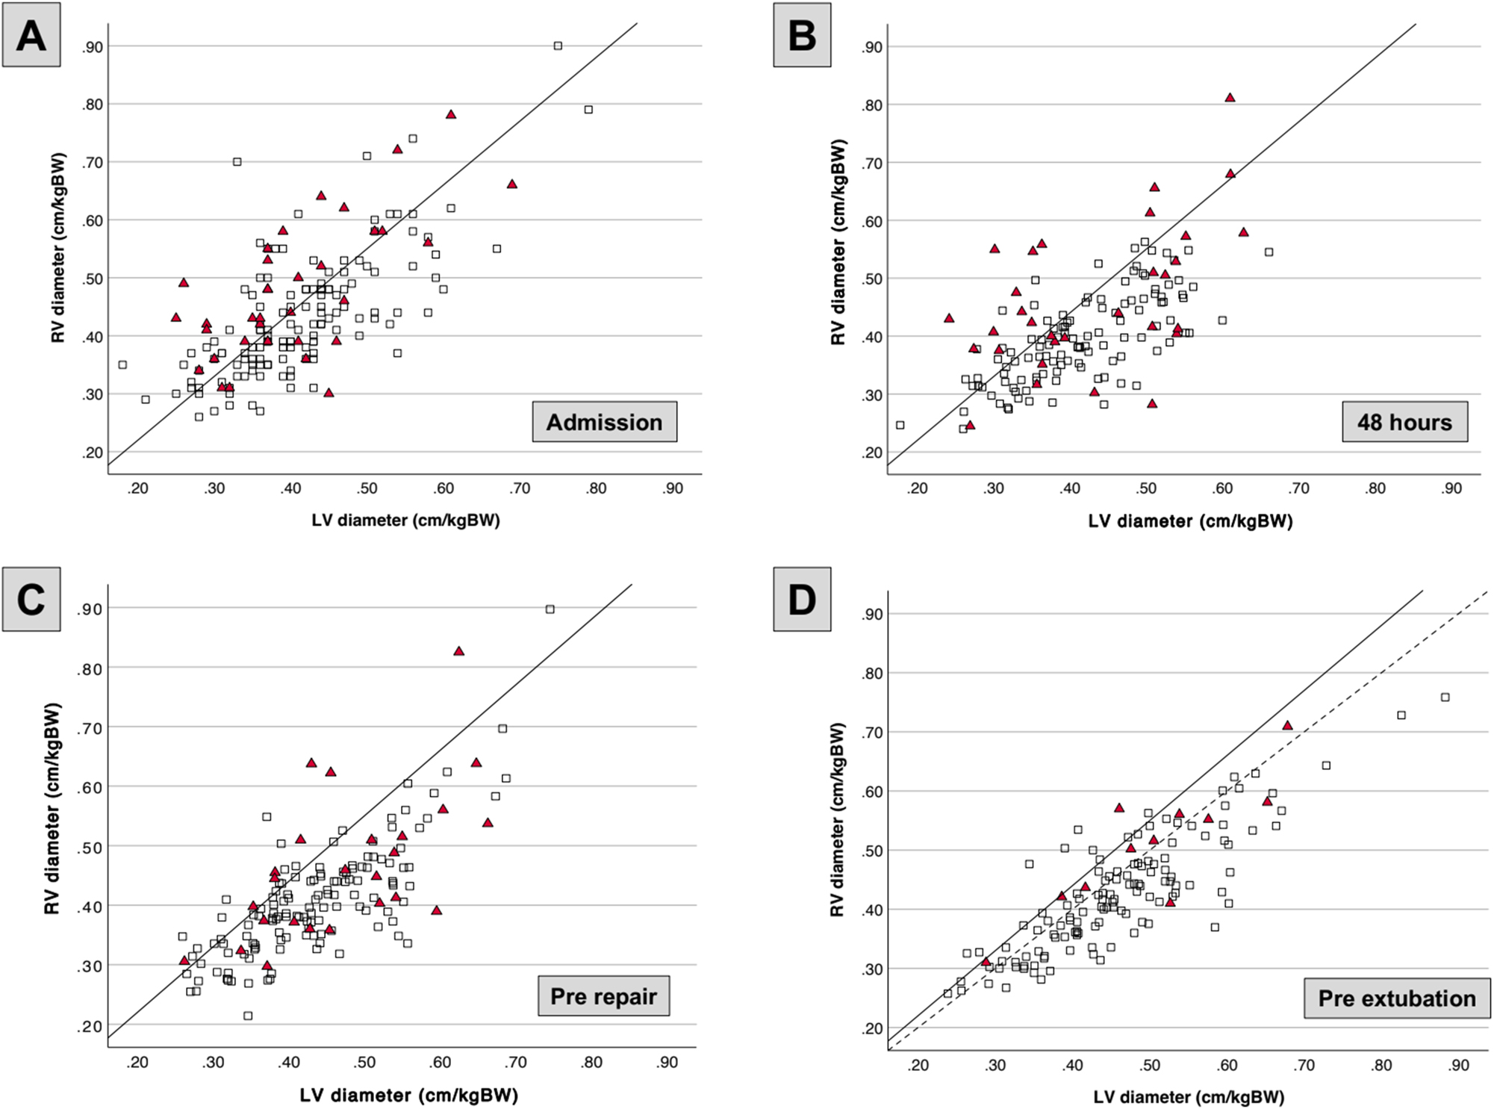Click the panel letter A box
coord(31,35)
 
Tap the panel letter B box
coord(802,35)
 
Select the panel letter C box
coord(31,600)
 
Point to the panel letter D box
coord(802,600)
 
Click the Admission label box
coord(604,422)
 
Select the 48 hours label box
coord(1404,422)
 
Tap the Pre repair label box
coord(603,996)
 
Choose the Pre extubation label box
coord(1396,998)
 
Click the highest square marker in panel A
coord(558,46)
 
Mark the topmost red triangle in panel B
coord(1230,98)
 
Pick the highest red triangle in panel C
coord(458,651)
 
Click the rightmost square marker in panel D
coord(1445,697)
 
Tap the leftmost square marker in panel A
coord(122,364)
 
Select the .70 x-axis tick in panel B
coord(1298,488)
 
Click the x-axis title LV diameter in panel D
coord(1189,1097)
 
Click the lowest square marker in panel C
coord(248,1016)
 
